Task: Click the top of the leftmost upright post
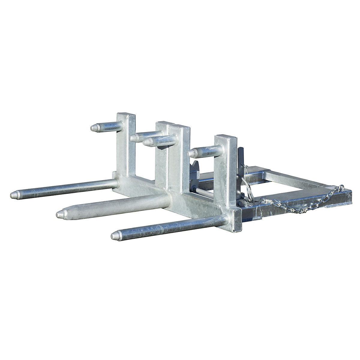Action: click(126, 115)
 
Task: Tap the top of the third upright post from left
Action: click(179, 127)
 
